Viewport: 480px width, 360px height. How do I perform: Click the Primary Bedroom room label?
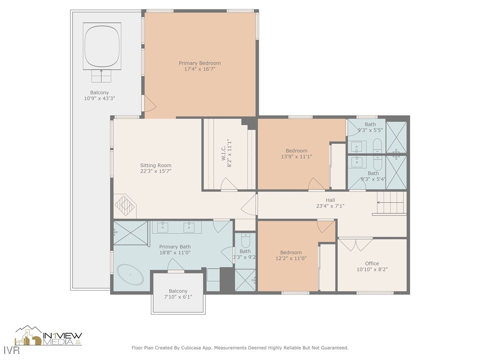click(x=200, y=66)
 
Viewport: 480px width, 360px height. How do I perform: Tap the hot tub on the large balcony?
click(x=102, y=46)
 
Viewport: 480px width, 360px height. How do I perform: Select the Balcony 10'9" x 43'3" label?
click(x=99, y=96)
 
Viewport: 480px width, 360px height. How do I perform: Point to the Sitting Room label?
click(x=156, y=168)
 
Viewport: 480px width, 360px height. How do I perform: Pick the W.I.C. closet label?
click(x=226, y=153)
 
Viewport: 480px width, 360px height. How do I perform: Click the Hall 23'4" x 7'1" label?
click(x=330, y=203)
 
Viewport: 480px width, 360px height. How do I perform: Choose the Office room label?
click(x=372, y=266)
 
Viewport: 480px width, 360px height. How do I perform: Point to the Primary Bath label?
click(x=174, y=249)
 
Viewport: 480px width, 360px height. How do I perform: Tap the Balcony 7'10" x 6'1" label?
click(x=178, y=294)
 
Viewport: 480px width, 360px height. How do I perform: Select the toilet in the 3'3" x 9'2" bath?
click(x=245, y=241)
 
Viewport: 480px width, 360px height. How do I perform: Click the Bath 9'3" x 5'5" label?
click(x=370, y=127)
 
